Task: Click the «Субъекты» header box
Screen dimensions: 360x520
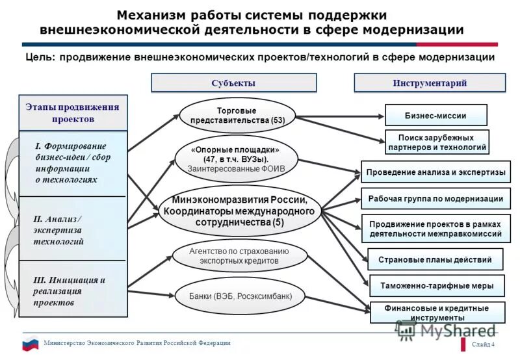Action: click(233, 83)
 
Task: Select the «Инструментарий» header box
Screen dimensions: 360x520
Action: click(430, 83)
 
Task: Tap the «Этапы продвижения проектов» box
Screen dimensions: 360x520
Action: click(73, 113)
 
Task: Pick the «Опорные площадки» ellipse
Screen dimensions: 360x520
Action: click(236, 159)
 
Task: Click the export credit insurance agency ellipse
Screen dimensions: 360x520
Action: click(239, 255)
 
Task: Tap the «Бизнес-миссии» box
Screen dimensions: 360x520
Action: click(435, 115)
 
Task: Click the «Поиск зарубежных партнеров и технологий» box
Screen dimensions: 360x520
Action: click(436, 142)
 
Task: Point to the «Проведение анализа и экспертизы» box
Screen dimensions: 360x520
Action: click(435, 172)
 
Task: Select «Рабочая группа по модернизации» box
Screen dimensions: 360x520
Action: click(435, 199)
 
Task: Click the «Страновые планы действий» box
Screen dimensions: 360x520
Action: click(435, 260)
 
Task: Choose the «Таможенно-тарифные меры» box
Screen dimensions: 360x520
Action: click(436, 286)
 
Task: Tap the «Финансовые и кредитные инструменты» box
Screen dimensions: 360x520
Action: click(436, 313)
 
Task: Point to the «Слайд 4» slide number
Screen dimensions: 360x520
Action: click(483, 344)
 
